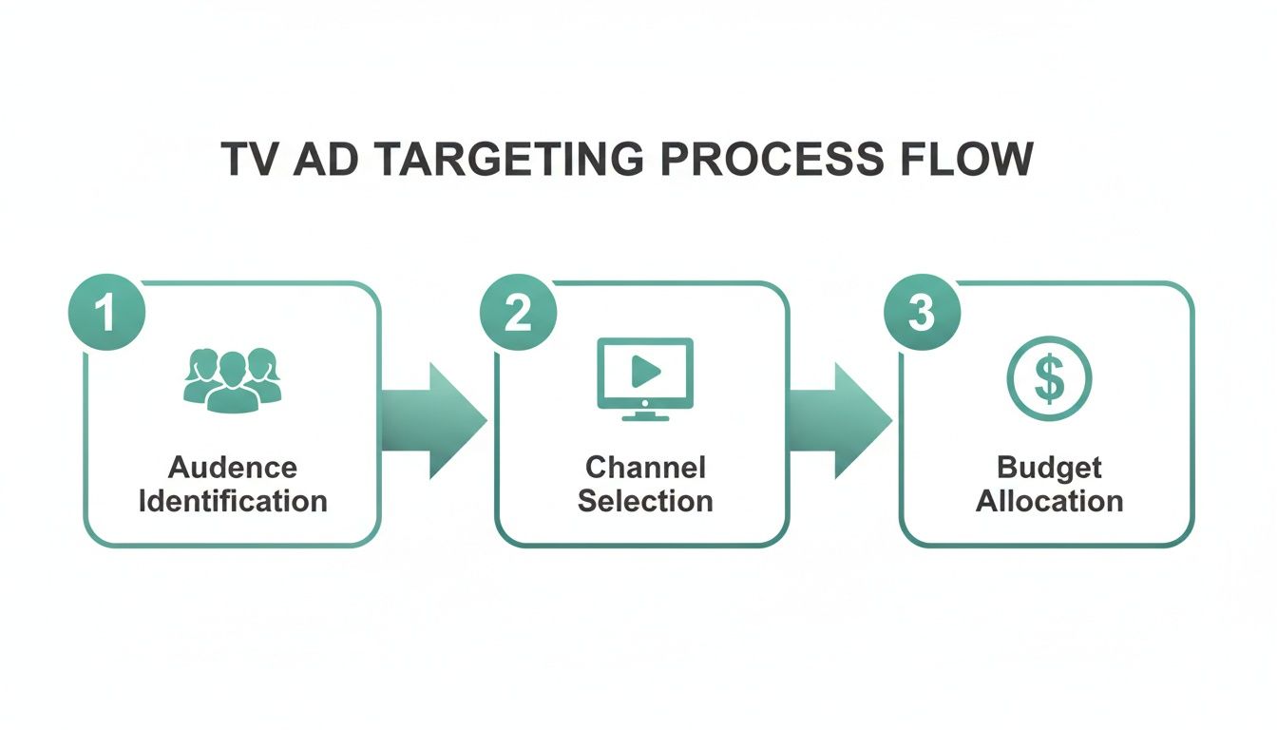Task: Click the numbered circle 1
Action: (106, 313)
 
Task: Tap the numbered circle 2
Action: (518, 313)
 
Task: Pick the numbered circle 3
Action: (922, 313)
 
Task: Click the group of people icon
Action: (232, 379)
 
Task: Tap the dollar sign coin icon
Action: (1049, 379)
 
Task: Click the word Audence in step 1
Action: (233, 468)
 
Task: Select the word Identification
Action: (233, 501)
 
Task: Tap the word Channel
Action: (645, 468)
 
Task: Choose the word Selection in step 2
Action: (645, 501)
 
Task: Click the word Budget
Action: (1049, 468)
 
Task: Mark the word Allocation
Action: (1049, 501)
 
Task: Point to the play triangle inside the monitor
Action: (646, 371)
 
